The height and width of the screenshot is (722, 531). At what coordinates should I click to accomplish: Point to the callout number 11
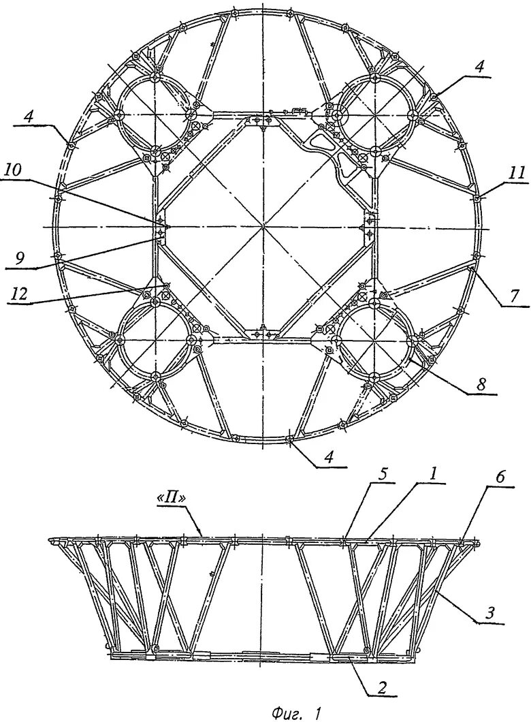point(516,173)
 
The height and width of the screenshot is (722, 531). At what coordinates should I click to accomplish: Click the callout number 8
point(481,384)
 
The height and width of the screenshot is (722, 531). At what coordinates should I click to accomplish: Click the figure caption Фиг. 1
point(297,713)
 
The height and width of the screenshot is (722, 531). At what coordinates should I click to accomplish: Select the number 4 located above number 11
point(481,67)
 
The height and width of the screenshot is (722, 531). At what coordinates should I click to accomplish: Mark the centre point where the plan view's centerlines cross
point(263,225)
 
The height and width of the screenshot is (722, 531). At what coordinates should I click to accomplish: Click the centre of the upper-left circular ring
point(155,116)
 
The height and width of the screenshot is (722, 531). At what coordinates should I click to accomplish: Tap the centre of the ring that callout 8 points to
point(373,339)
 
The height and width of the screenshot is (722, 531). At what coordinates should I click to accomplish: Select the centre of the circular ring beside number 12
point(155,339)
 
